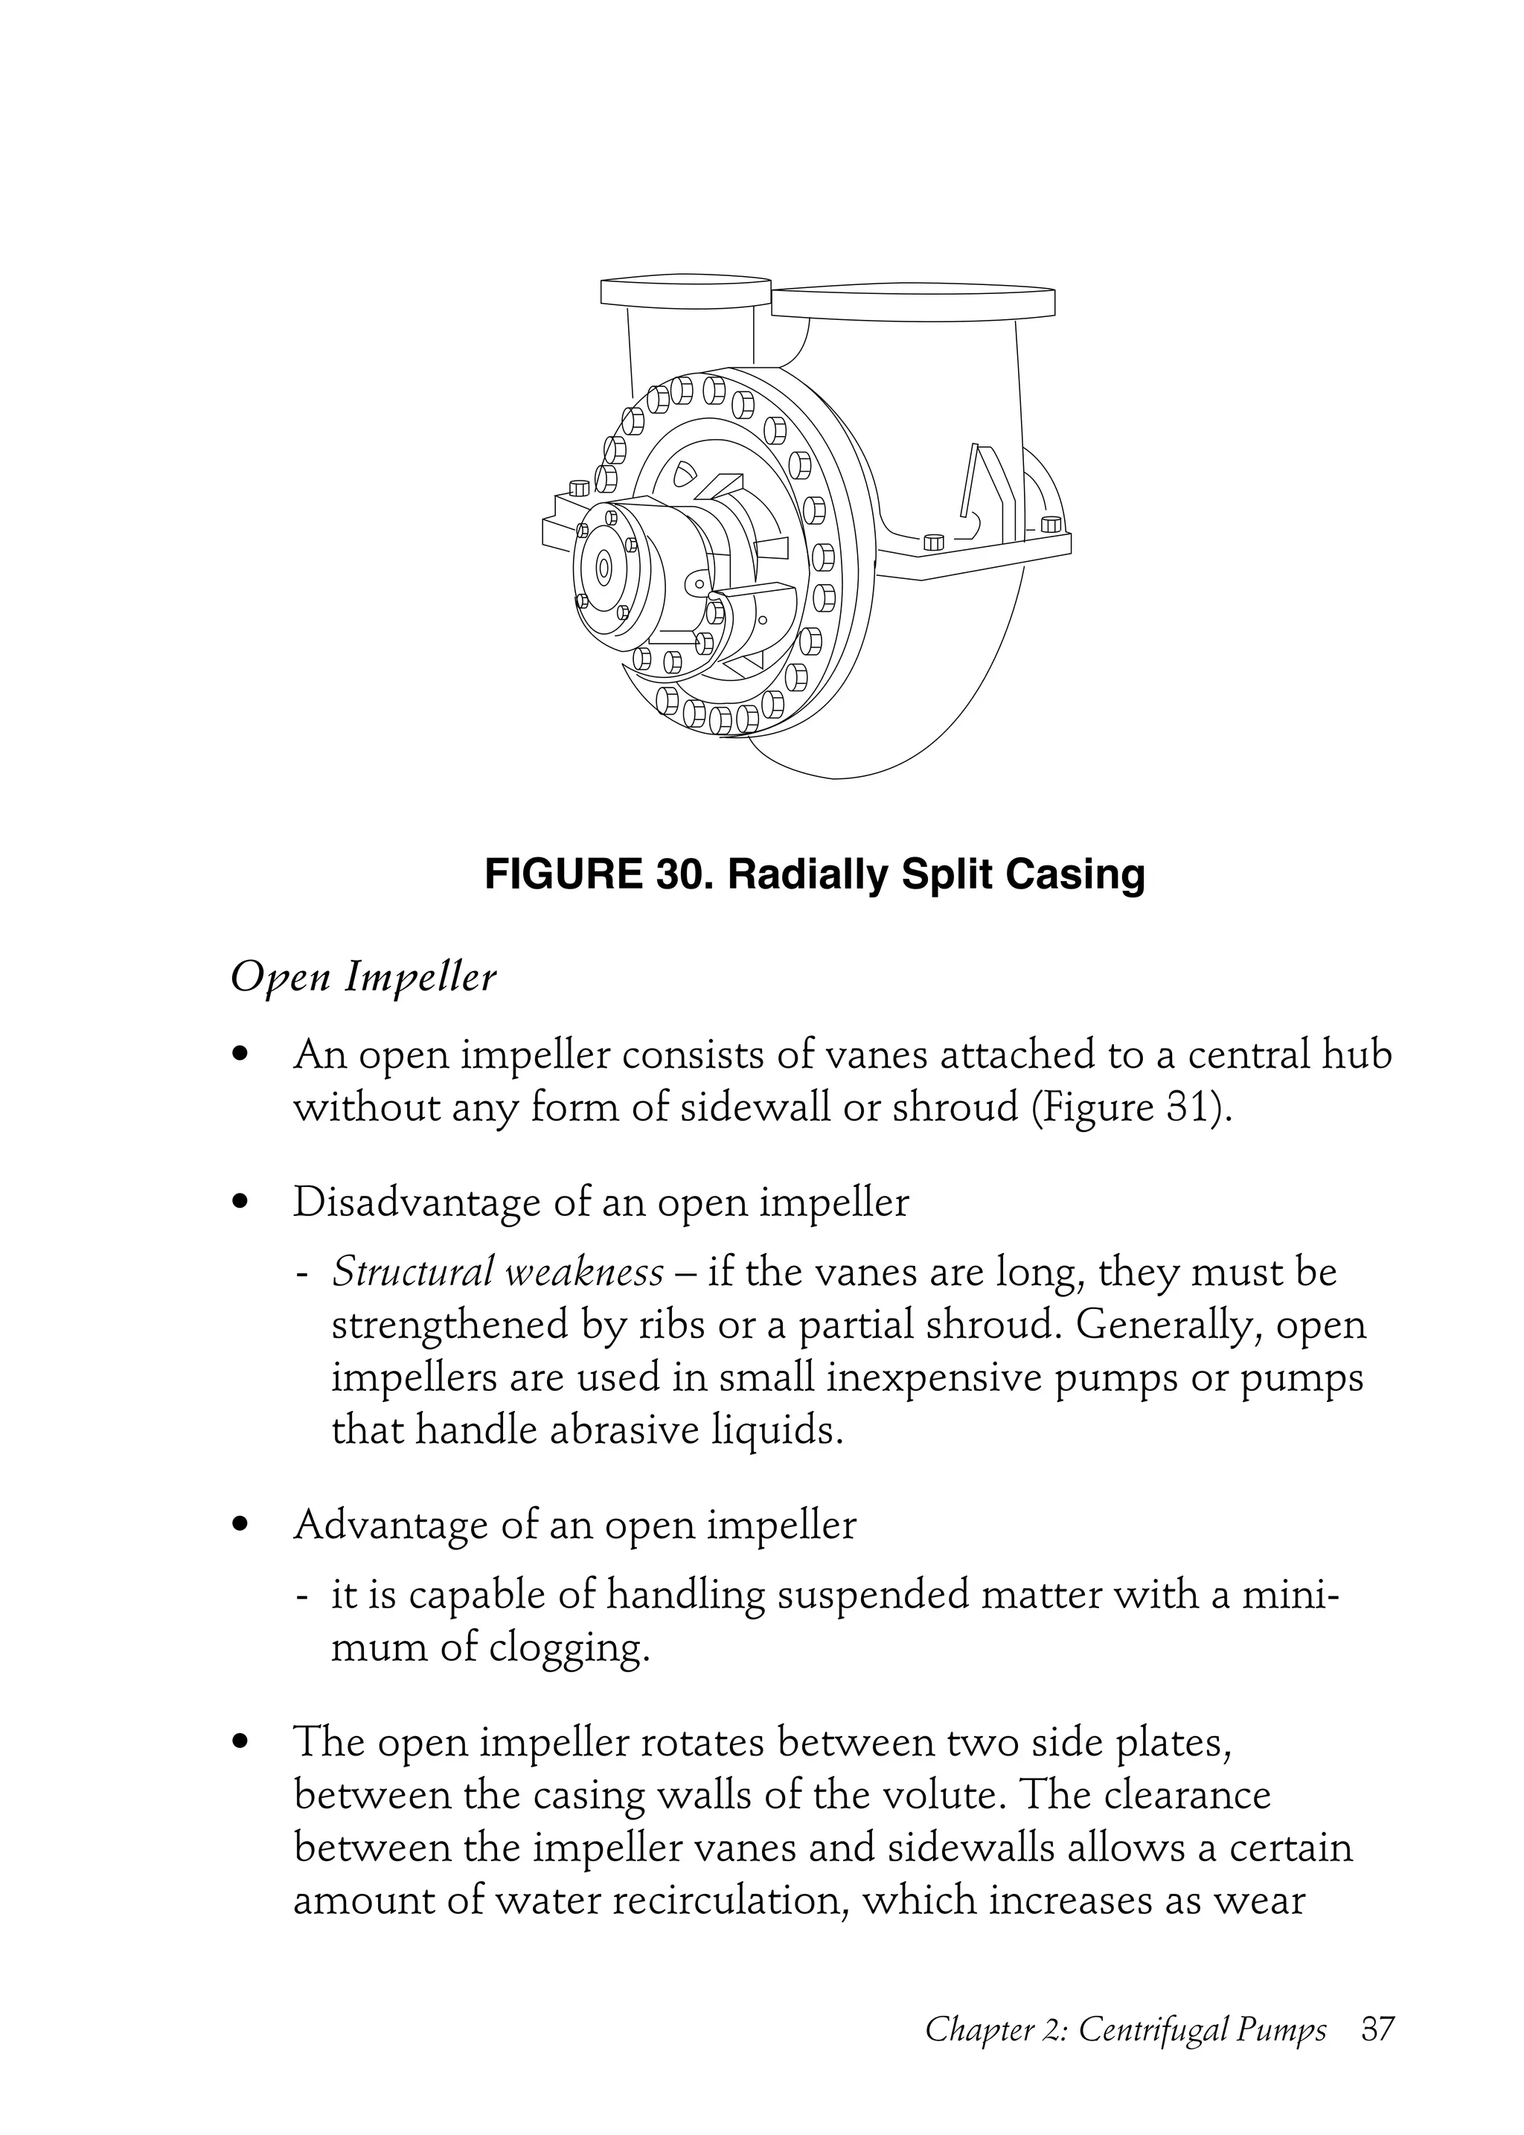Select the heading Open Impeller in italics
coord(363,979)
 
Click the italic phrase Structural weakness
coord(497,1273)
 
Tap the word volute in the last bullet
coord(939,1795)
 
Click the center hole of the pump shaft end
coord(603,567)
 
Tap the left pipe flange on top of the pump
coord(685,292)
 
